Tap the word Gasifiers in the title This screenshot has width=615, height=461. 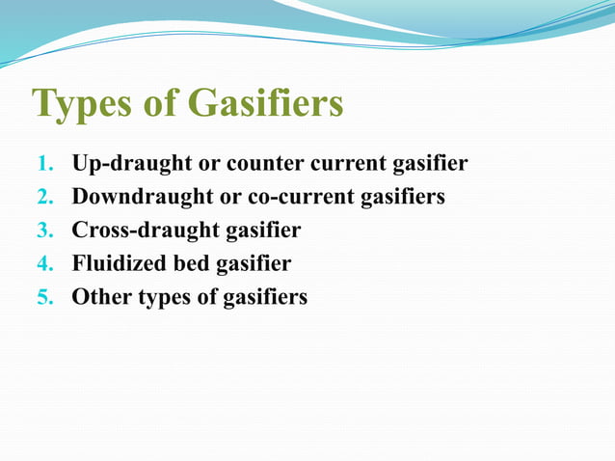[265, 104]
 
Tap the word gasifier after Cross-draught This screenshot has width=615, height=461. [260, 231]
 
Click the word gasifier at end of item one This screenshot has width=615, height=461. [428, 164]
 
